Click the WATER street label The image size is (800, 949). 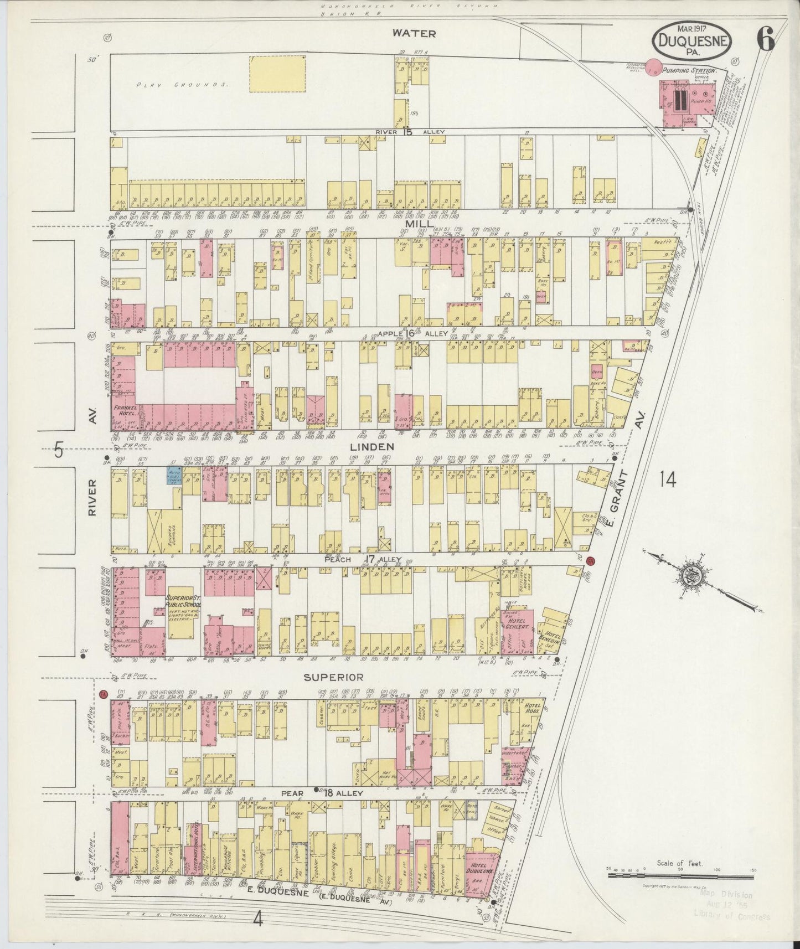414,33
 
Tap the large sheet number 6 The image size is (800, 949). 767,40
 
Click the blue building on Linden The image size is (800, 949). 176,475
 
